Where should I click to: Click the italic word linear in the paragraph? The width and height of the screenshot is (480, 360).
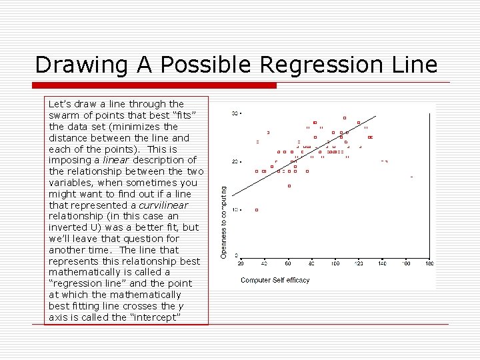116,160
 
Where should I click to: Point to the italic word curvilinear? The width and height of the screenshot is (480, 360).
164,205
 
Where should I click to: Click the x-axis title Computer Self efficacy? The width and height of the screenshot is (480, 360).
275,280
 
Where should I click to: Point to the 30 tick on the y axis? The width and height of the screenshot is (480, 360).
235,114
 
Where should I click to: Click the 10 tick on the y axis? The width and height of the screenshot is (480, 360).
235,209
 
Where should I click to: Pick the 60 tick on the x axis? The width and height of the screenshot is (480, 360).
288,264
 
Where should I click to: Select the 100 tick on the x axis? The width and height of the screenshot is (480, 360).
335,264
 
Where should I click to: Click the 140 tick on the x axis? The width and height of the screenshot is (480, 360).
382,264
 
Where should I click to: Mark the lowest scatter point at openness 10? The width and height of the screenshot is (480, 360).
257,210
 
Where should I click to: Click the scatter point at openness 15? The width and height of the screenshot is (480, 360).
289,186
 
